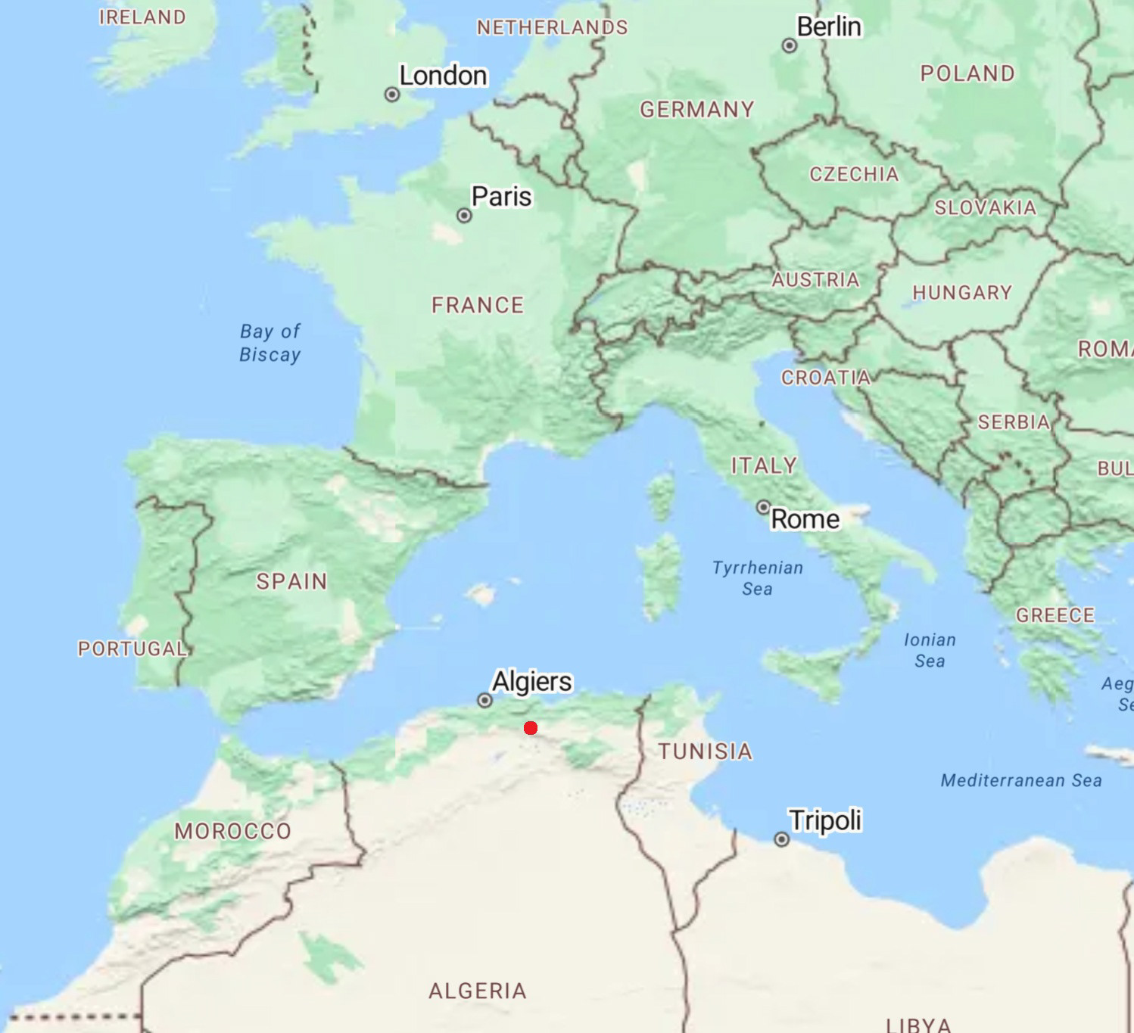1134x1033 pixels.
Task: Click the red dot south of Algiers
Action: tap(531, 728)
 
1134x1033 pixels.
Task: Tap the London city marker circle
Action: tap(392, 95)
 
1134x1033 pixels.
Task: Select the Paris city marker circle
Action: tap(464, 216)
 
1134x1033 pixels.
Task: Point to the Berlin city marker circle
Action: tap(790, 45)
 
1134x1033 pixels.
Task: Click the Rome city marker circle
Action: tap(764, 507)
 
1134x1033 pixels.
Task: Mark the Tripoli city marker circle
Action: tap(781, 839)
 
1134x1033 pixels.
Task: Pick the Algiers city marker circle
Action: tap(484, 701)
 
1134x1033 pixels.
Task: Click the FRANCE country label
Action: tap(478, 305)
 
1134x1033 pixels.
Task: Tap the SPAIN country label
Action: tap(291, 581)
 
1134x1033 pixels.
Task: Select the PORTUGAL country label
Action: tap(132, 649)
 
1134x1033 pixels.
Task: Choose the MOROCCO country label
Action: tap(233, 831)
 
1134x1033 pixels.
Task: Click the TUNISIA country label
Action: tap(705, 751)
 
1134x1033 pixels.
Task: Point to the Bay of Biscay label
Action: tap(270, 343)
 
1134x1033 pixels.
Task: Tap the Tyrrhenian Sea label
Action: tap(758, 578)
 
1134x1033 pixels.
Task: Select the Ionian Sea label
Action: tap(930, 650)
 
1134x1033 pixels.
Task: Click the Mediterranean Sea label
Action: tap(1021, 780)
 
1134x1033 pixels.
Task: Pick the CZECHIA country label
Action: tap(854, 174)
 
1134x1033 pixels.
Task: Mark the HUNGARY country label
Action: tap(962, 292)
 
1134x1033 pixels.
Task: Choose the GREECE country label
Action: tap(1055, 615)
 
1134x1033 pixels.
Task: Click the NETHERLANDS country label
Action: tap(552, 27)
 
